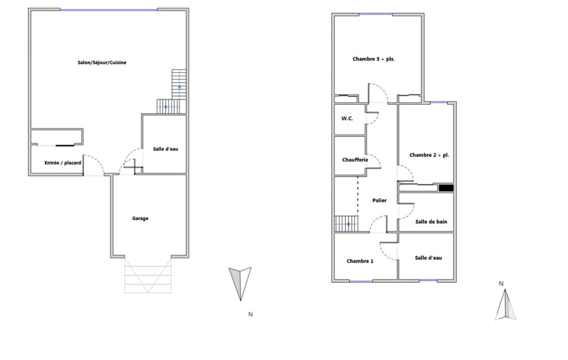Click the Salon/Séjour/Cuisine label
102,63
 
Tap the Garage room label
140,218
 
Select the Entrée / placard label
63,163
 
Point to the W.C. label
347,119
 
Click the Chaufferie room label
355,160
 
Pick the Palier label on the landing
379,200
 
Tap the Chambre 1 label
360,261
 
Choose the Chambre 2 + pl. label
429,155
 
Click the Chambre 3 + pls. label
373,59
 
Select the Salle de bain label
431,222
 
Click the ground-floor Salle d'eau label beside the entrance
165,149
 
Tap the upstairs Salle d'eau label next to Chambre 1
428,258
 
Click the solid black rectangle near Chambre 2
446,188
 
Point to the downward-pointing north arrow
240,283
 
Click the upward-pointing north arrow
505,305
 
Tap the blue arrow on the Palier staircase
348,224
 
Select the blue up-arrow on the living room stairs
180,87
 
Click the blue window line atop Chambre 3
376,14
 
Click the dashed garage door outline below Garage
148,275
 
